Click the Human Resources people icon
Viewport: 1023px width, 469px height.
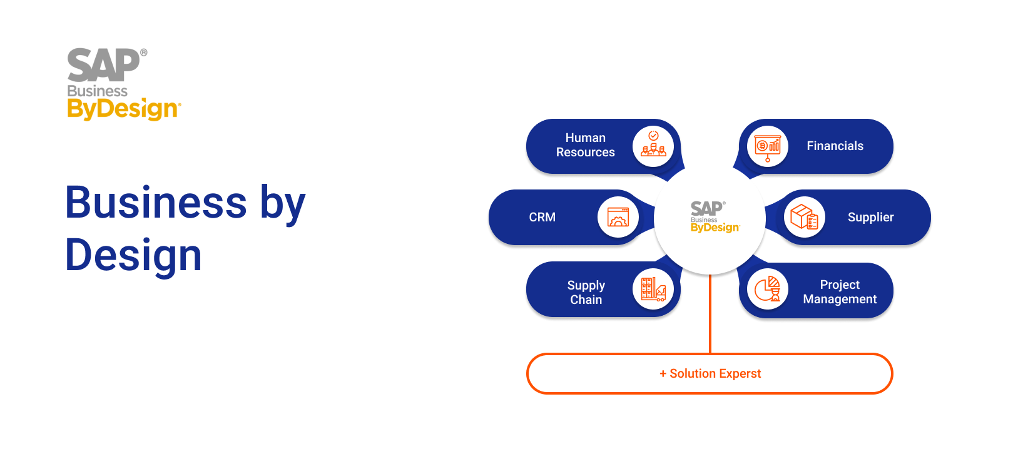coord(654,144)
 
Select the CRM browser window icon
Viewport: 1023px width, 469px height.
coord(618,217)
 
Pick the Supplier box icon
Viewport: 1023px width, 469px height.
coord(804,217)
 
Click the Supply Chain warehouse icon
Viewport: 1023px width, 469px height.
coord(653,290)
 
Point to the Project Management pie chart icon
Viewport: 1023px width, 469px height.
coord(768,289)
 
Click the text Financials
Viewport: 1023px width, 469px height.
coord(835,146)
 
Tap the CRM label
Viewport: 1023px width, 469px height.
coord(542,217)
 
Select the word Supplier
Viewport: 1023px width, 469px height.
coord(870,217)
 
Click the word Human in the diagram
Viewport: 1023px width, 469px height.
coord(586,138)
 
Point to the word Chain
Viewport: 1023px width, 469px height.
coord(586,300)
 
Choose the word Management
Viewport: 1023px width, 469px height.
coord(840,300)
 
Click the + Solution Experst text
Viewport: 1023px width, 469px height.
coord(710,374)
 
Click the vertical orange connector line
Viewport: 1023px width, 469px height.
coord(710,314)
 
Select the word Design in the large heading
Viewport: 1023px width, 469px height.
coord(133,256)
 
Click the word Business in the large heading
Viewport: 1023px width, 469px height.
coord(156,203)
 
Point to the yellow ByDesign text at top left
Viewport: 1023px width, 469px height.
coord(123,109)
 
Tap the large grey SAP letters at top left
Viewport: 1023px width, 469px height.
coord(104,65)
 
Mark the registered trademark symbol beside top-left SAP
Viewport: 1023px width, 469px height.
coord(144,53)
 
